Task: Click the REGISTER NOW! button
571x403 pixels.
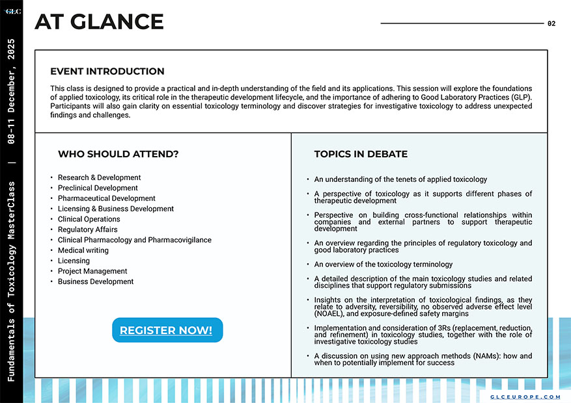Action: pos(167,330)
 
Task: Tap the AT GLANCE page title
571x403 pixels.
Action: pos(99,22)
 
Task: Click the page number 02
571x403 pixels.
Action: pos(551,23)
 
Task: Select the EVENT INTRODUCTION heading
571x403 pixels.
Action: pos(107,71)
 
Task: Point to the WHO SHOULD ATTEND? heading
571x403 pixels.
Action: pos(118,154)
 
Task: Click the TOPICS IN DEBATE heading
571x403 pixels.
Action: pos(361,154)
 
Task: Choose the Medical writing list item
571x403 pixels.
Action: pos(83,250)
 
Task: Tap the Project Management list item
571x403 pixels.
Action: pos(92,271)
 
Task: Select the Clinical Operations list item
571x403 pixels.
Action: pos(89,219)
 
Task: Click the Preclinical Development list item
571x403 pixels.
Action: pos(98,188)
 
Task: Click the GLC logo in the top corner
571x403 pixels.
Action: pos(12,11)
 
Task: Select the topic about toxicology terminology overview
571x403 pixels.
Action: pos(383,265)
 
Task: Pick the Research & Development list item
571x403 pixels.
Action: pos(99,177)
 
